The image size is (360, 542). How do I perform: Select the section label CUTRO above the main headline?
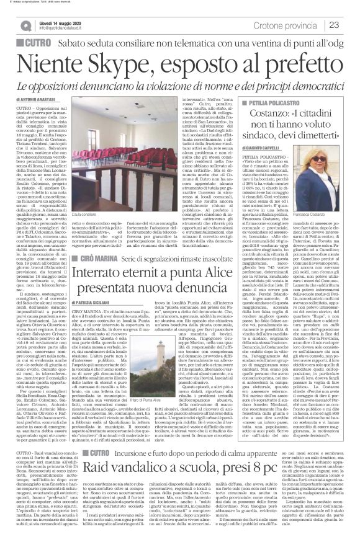click(36, 43)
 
